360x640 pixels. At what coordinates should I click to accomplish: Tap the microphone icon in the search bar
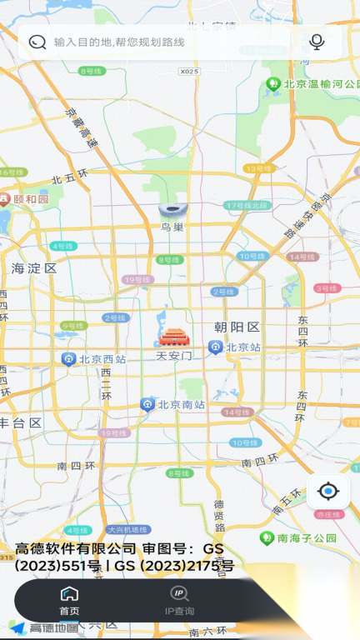pos(316,42)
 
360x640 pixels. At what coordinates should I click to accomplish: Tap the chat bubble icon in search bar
pos(37,42)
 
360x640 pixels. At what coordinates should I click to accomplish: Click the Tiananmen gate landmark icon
pos(174,337)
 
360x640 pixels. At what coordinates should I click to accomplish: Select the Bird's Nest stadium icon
pos(171,209)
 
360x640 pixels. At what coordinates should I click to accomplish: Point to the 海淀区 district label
pos(34,268)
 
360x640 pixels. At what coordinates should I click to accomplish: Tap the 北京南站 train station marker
pos(148,405)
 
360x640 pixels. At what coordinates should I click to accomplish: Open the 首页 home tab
pos(69,600)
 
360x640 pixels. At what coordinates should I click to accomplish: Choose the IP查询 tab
pos(179,600)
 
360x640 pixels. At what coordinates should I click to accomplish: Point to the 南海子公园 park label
pos(307,538)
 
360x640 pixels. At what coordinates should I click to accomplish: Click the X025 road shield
pos(189,72)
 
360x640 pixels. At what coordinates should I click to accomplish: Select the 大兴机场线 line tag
pos(127,530)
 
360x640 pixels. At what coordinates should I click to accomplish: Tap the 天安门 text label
pos(174,356)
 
